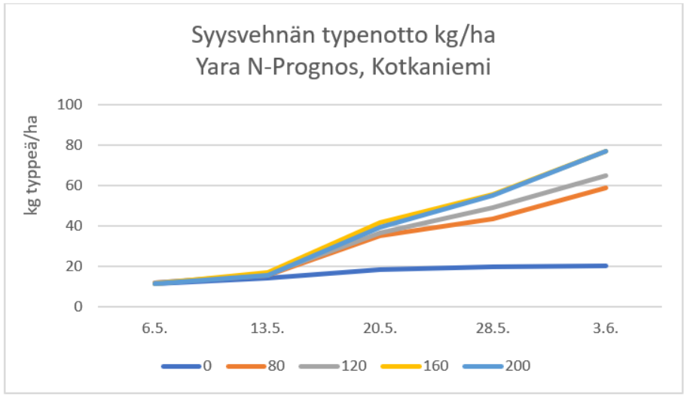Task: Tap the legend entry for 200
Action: [x=518, y=366]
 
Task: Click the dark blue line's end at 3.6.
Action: [x=606, y=265]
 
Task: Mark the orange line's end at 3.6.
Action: [x=606, y=187]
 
